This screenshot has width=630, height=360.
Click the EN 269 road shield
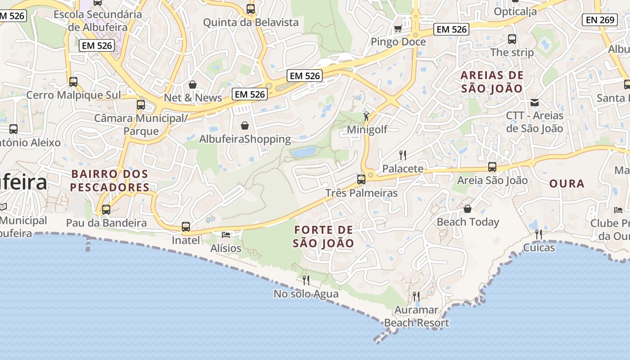601,19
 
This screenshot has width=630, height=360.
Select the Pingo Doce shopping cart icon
398,29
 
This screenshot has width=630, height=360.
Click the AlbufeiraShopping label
245,139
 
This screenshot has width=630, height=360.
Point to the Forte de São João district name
323,237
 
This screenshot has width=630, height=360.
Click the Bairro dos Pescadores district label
109,180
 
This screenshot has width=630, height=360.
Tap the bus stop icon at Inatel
186,227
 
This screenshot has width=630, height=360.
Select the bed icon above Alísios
226,235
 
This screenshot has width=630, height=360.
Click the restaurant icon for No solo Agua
306,280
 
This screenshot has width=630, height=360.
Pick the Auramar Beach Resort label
416,316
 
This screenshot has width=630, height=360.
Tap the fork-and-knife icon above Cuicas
538,234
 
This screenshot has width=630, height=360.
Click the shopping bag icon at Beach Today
468,209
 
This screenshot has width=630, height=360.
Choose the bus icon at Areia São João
492,167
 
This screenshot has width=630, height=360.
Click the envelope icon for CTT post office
535,103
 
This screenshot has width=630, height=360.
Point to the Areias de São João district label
492,81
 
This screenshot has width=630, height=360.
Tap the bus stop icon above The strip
512,39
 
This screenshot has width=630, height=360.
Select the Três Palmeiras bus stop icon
361,180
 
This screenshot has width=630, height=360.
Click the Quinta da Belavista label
251,22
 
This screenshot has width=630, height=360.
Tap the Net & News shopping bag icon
193,85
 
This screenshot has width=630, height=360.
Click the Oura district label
567,184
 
